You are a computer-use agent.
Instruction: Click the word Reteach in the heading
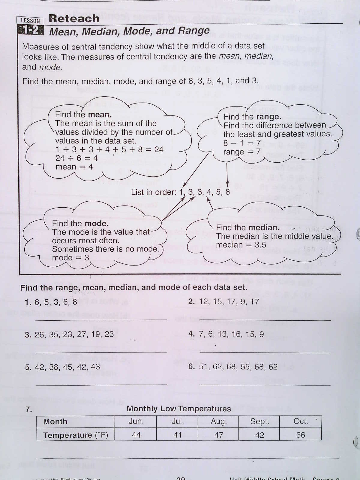[x=74, y=18]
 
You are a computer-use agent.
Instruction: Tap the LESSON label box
[x=30, y=21]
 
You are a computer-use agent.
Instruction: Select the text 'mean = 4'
[x=74, y=167]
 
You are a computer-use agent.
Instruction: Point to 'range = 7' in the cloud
[x=242, y=152]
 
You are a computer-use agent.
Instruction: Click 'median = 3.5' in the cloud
[x=241, y=245]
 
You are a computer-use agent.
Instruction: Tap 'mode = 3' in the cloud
[x=70, y=258]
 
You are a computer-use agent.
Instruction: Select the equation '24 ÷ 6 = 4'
[x=76, y=158]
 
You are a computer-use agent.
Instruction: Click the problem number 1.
[x=28, y=302]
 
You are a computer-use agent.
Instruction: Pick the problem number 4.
[x=191, y=334]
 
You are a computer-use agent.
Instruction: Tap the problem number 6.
[x=191, y=367]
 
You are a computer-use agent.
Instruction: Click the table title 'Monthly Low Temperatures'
[x=179, y=409]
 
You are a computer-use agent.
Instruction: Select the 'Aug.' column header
[x=218, y=421]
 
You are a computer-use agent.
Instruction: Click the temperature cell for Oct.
[x=300, y=435]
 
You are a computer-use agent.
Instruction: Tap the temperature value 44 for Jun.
[x=136, y=435]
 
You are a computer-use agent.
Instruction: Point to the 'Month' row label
[x=55, y=421]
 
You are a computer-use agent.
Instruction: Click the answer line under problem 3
[x=101, y=352]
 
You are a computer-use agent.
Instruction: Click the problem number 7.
[x=28, y=409]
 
